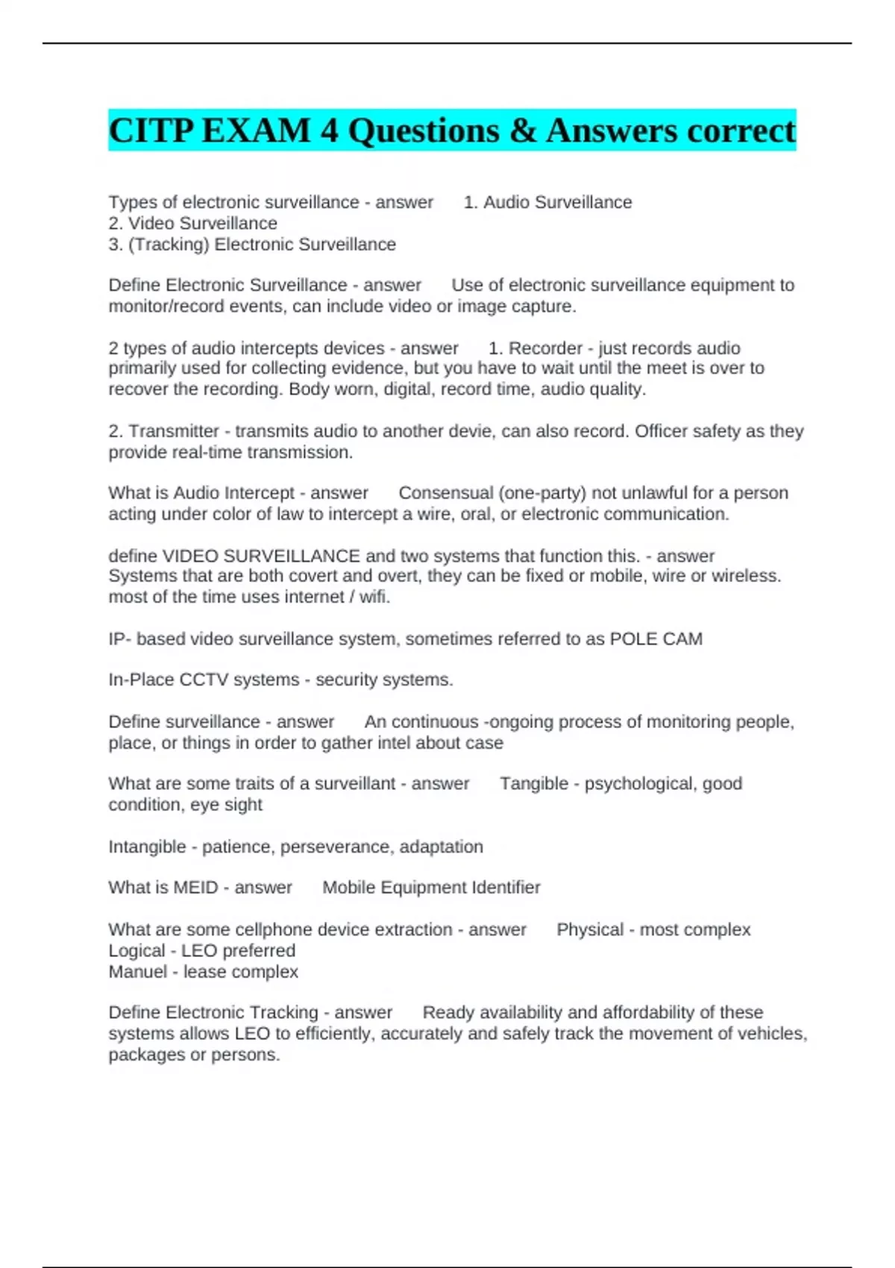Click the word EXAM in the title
pos(256,131)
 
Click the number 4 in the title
pos(329,131)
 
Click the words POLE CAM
pos(656,639)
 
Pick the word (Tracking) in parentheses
pos(169,245)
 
